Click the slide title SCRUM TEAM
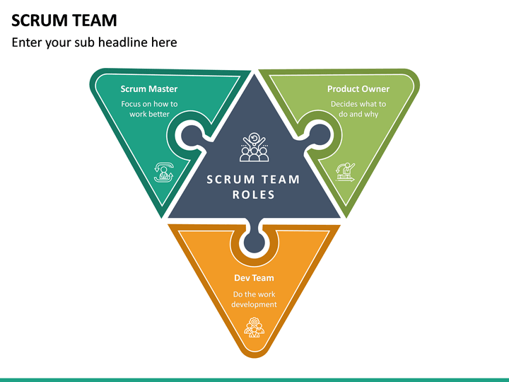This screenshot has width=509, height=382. point(64,20)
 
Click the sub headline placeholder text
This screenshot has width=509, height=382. point(94,42)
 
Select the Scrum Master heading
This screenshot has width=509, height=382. point(148,89)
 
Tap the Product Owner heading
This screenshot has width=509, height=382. point(358,89)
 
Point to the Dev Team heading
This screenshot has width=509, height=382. point(254,278)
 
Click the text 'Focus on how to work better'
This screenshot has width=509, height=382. point(148,109)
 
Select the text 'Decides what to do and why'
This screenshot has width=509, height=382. point(358,109)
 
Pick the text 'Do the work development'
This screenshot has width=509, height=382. point(254,299)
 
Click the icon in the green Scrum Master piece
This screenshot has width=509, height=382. point(164,172)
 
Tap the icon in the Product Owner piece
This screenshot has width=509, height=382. point(345,172)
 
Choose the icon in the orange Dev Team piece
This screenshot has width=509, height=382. point(254,326)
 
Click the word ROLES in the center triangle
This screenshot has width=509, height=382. point(254,195)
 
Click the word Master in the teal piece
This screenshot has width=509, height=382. point(163,89)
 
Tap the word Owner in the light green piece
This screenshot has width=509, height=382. point(375,89)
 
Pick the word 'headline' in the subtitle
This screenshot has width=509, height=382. point(124,42)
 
